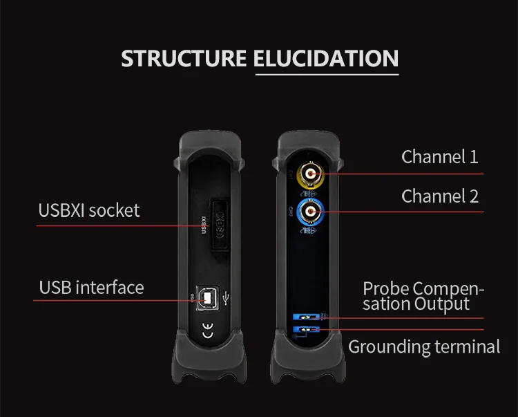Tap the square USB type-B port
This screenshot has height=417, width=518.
click(x=205, y=298)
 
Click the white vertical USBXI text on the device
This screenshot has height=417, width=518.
click(x=203, y=227)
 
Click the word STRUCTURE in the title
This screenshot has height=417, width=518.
click(x=184, y=59)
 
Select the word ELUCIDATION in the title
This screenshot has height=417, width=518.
click(x=326, y=59)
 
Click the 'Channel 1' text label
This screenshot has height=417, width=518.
click(x=439, y=157)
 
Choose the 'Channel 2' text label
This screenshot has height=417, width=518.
click(x=439, y=196)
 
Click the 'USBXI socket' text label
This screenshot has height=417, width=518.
click(x=89, y=210)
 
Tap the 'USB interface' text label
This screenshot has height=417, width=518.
click(x=91, y=287)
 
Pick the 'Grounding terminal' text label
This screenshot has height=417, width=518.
click(x=424, y=346)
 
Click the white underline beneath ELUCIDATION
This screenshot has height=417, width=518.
click(x=326, y=72)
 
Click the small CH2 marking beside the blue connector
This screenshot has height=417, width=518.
click(x=290, y=210)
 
